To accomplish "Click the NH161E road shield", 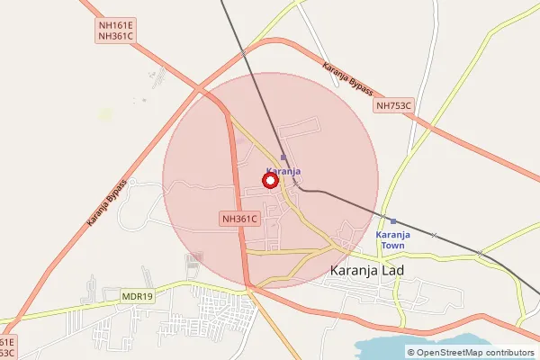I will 115,24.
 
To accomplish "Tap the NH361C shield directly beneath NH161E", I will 115,36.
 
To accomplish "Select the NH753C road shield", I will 393,106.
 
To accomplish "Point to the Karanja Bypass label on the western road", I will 107,202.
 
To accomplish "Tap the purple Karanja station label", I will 283,171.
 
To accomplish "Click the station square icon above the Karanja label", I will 283,157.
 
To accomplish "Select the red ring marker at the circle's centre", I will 270,180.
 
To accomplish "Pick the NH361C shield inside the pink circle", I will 239,219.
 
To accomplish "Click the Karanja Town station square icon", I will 392,221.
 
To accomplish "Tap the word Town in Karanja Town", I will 392,245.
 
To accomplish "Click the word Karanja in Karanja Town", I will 392,234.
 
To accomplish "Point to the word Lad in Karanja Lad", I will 393,270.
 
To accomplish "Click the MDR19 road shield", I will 138,295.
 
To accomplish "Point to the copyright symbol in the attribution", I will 411,353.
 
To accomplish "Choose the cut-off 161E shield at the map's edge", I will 6,342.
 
